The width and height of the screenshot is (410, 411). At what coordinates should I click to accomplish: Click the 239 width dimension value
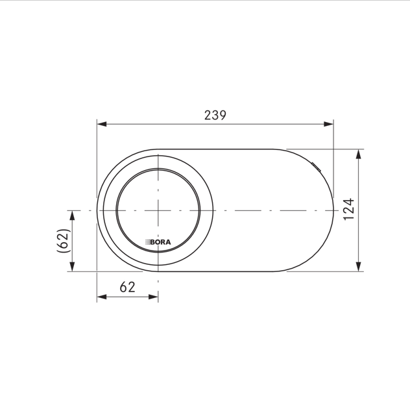pyautogui.click(x=215, y=116)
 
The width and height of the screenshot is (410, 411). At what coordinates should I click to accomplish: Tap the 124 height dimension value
pyautogui.click(x=349, y=210)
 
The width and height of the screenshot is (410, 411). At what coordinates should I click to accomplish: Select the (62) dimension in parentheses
pyautogui.click(x=64, y=241)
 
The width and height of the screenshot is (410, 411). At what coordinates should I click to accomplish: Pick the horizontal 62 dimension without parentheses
pyautogui.click(x=128, y=287)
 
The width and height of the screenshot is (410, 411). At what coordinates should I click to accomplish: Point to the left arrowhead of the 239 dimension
pyautogui.click(x=102, y=124)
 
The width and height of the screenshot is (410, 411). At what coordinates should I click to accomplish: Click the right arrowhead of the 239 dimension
pyautogui.click(x=328, y=124)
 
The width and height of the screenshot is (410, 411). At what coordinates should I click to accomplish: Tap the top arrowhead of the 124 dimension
pyautogui.click(x=358, y=154)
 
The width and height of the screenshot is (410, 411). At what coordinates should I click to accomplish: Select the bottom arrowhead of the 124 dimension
pyautogui.click(x=358, y=267)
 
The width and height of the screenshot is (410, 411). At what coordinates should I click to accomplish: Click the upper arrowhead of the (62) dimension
pyautogui.click(x=73, y=215)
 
